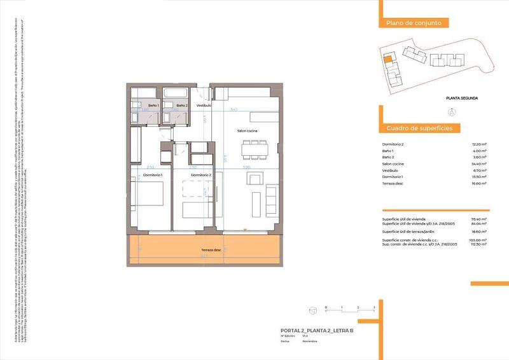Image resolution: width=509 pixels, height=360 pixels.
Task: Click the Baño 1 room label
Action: [153, 105]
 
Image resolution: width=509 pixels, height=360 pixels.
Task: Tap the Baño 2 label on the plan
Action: [182, 105]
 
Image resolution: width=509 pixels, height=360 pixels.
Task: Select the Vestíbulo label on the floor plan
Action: [204, 105]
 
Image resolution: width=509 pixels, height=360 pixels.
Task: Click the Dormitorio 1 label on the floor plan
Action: [153, 174]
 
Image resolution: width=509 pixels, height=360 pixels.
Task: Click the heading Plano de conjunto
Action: [409, 24]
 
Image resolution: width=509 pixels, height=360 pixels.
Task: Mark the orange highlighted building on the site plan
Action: [387, 60]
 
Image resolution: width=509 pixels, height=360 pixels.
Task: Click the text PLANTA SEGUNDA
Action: [462, 98]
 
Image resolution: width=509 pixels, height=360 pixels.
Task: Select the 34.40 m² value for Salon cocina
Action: [479, 164]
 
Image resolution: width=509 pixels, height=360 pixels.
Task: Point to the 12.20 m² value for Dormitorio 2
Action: [479, 145]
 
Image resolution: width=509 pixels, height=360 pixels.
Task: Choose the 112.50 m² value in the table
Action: [478, 244]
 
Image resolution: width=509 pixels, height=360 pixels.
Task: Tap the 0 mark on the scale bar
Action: [326, 307]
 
